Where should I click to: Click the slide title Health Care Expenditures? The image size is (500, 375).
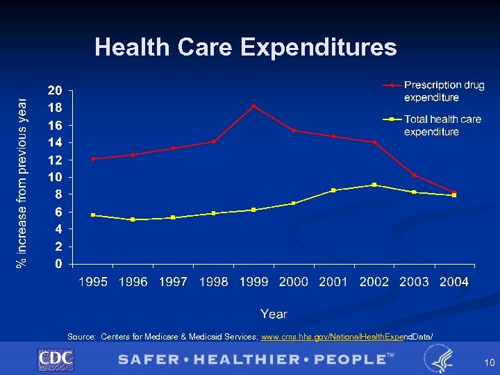click(x=246, y=47)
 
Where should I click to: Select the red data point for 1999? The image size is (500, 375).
click(x=254, y=106)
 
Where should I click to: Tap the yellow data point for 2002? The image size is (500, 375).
click(x=374, y=185)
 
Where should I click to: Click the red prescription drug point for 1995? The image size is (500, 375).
click(x=93, y=158)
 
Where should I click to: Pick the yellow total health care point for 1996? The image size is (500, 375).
click(x=133, y=219)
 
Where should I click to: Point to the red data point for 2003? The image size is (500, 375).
click(x=415, y=175)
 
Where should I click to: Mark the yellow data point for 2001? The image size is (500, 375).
click(x=334, y=190)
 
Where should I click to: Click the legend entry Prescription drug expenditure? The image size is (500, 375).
click(x=443, y=91)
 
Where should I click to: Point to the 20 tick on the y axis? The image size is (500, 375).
click(x=55, y=90)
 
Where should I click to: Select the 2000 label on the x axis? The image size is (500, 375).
click(x=294, y=282)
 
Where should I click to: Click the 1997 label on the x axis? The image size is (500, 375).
click(x=173, y=282)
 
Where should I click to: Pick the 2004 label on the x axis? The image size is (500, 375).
click(x=454, y=282)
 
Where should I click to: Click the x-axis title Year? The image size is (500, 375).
click(x=274, y=314)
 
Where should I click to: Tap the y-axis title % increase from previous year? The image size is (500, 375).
click(x=22, y=174)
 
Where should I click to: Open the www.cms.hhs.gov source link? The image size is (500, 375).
click(x=347, y=337)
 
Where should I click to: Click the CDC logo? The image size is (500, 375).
click(x=56, y=359)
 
